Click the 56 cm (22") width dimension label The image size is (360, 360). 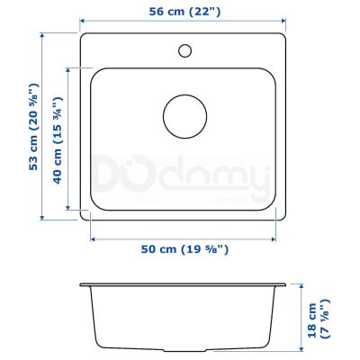click(x=184, y=12)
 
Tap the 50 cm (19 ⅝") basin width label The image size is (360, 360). click(x=184, y=248)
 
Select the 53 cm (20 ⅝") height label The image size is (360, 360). click(x=33, y=127)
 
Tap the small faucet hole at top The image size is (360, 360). click(x=184, y=49)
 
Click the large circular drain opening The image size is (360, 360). click(x=184, y=116)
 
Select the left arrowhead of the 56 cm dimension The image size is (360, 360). click(x=83, y=22)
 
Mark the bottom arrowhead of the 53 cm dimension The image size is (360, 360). click(x=43, y=217)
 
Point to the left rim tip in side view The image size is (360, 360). click(x=81, y=285)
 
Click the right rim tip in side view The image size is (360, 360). click(x=287, y=285)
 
